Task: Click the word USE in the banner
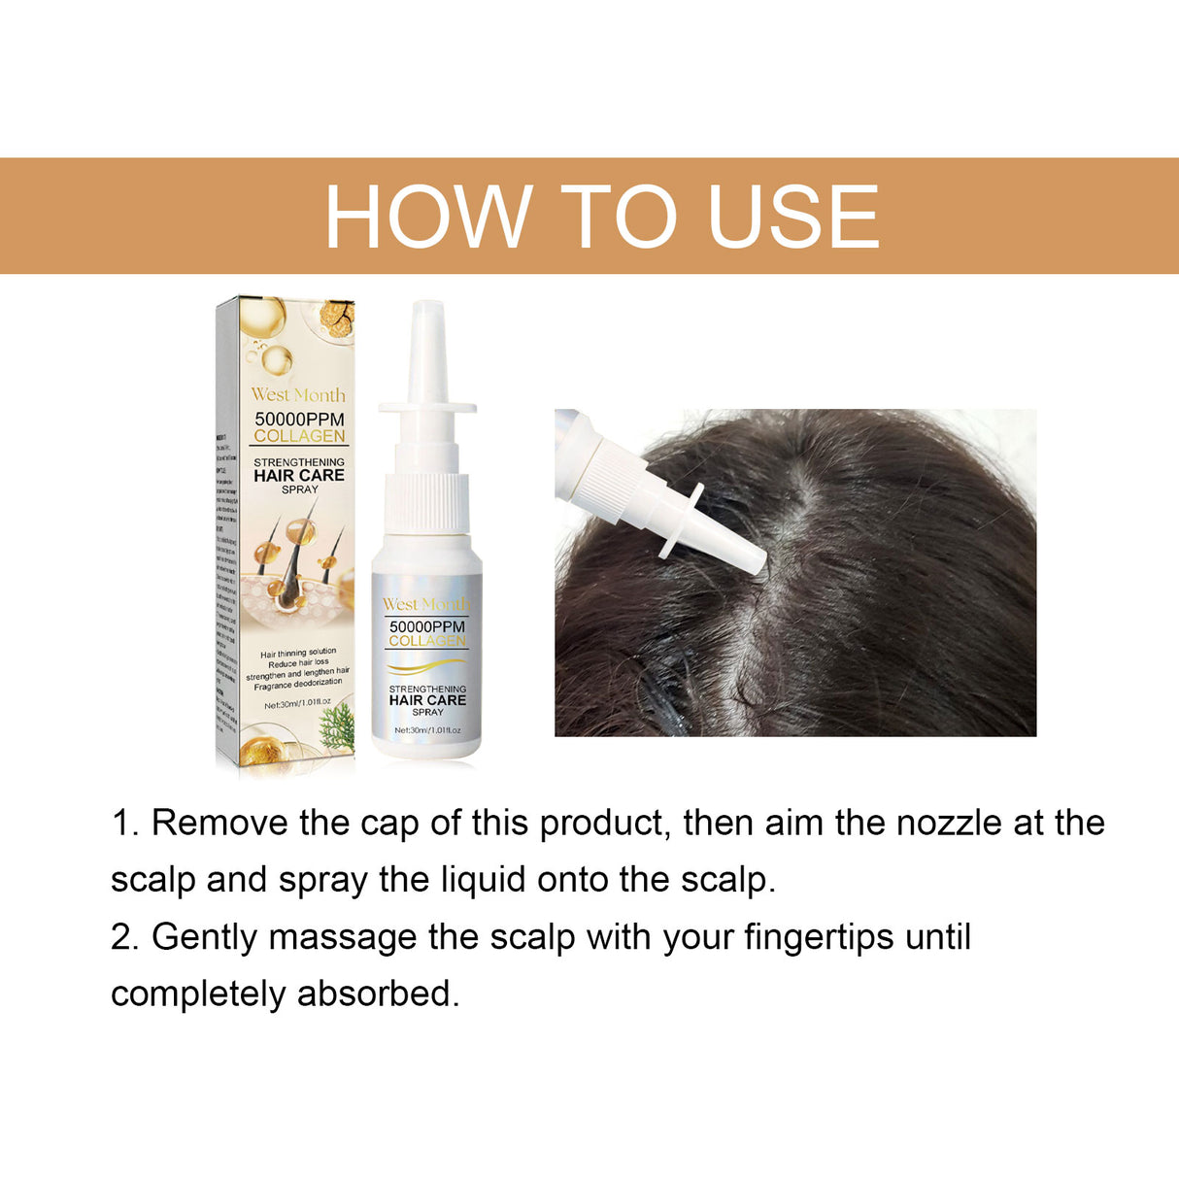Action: click(792, 217)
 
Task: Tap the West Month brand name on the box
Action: click(298, 395)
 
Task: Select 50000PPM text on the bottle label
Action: click(427, 627)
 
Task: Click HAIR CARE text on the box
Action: click(299, 476)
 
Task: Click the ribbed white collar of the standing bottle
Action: click(427, 501)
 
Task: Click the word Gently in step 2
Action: click(205, 937)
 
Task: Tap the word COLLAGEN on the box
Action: click(299, 436)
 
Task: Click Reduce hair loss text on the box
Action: click(298, 662)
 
